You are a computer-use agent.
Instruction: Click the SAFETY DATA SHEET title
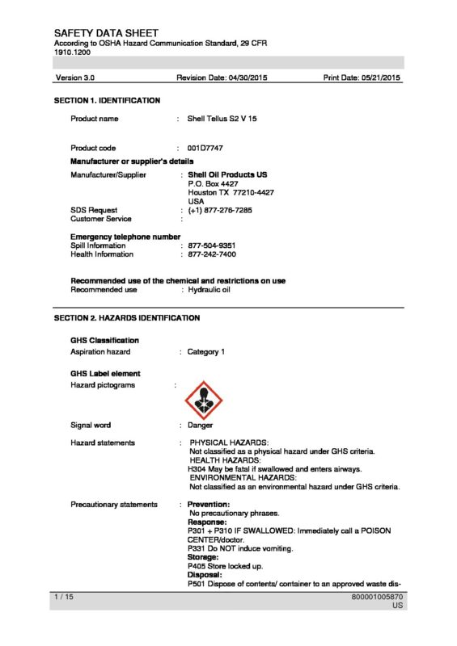(x=107, y=32)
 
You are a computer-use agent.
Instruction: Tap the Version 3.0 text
(x=75, y=78)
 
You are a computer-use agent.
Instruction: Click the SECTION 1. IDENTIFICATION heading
(x=107, y=100)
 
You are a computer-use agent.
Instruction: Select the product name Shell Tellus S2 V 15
(x=222, y=119)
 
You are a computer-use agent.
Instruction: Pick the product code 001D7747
(x=205, y=149)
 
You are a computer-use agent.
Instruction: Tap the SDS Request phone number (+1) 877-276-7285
(x=220, y=210)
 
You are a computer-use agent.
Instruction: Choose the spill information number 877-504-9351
(x=212, y=245)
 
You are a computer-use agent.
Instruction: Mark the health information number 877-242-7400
(x=212, y=254)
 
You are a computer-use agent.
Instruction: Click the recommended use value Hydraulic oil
(x=209, y=289)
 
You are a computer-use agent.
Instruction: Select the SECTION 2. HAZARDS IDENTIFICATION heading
(x=127, y=318)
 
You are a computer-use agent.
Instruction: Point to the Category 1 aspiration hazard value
(x=206, y=352)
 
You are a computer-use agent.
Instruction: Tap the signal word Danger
(x=201, y=425)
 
